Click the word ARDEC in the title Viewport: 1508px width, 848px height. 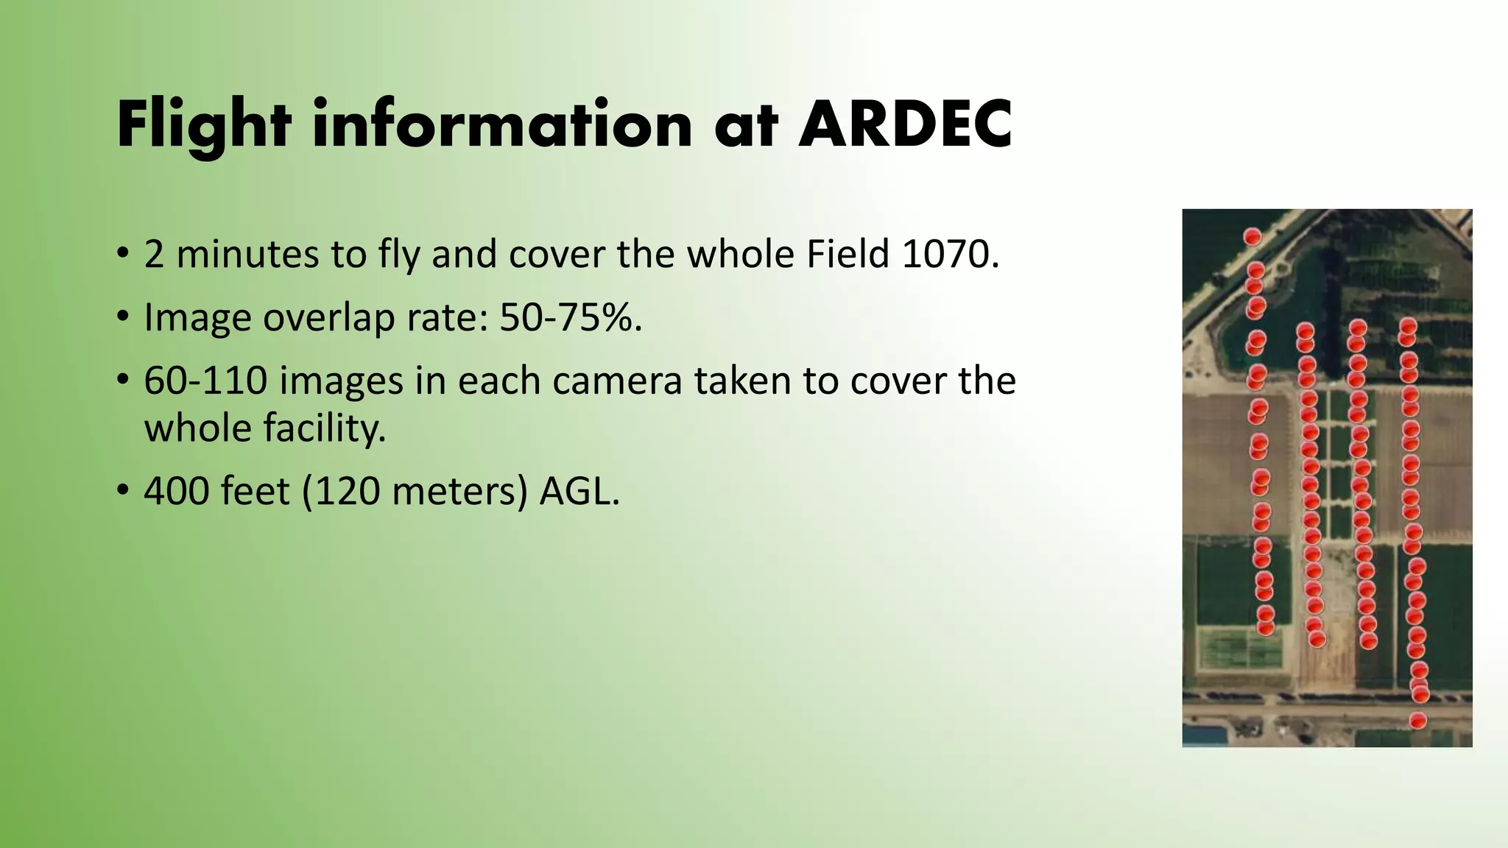click(x=905, y=124)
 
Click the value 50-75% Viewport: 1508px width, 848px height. click(x=571, y=317)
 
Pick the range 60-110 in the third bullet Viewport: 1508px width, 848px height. click(x=205, y=381)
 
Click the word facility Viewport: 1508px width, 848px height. click(x=265, y=428)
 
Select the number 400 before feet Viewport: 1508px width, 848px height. click(x=177, y=491)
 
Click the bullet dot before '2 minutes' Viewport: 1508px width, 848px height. click(x=122, y=255)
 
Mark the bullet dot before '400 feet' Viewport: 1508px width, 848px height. click(x=122, y=492)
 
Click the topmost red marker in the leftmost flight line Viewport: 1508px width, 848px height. click(x=1252, y=236)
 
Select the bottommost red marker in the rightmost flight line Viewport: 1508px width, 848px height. click(x=1417, y=721)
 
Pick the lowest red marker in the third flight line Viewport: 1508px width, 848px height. click(x=1368, y=641)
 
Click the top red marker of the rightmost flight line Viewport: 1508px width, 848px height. click(x=1408, y=326)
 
